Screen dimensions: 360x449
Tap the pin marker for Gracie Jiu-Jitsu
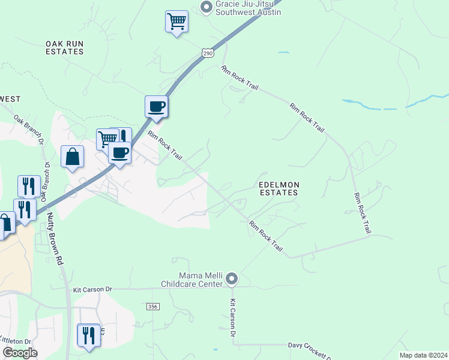pos(206,7)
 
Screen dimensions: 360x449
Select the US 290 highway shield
pos(208,53)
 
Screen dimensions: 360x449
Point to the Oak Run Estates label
pos(64,48)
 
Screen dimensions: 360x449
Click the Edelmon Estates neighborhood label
pos(278,189)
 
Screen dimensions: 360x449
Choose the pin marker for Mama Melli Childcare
pos(232,279)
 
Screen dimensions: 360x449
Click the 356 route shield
pos(152,307)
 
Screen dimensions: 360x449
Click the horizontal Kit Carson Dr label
pos(92,289)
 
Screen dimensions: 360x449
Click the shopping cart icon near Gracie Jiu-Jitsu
pos(176,22)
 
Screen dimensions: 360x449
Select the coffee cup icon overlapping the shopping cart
pos(120,152)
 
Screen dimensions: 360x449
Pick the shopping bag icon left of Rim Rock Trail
pos(72,157)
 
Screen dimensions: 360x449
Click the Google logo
pos(20,353)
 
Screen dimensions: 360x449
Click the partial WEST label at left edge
pos(10,99)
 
